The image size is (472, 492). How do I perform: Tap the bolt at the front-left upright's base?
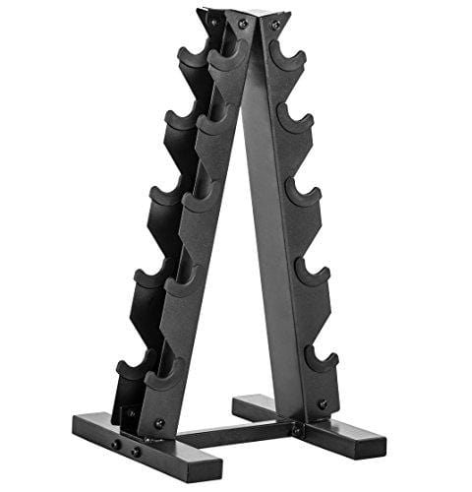pyautogui.click(x=159, y=424)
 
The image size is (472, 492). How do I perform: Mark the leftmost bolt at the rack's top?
pyautogui.click(x=212, y=18)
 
